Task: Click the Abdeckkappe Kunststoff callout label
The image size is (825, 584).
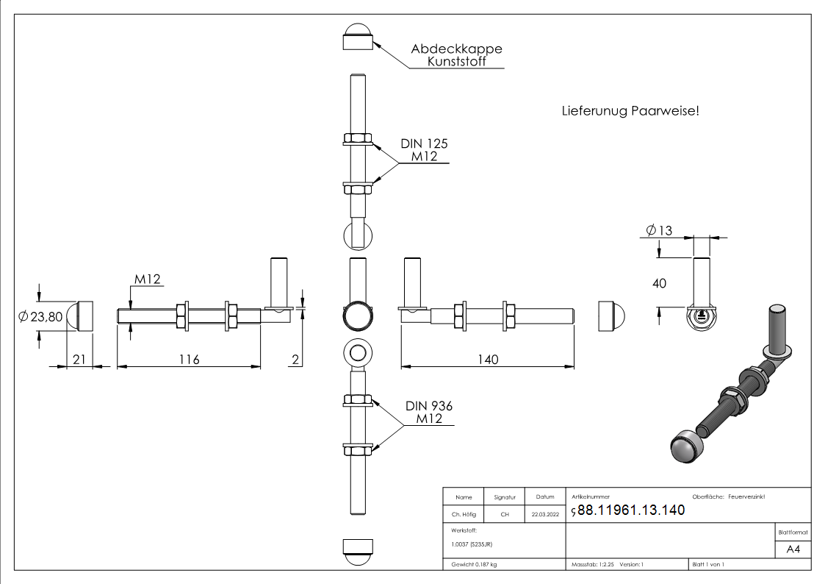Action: pyautogui.click(x=456, y=55)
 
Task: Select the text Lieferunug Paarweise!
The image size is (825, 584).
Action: pyautogui.click(x=630, y=111)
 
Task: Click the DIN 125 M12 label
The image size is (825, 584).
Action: pyautogui.click(x=423, y=149)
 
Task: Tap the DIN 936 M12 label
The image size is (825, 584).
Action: pyautogui.click(x=428, y=412)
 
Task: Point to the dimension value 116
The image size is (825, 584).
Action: pyautogui.click(x=188, y=359)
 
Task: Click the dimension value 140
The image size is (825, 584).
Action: pyautogui.click(x=486, y=359)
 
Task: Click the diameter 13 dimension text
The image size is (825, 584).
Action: pyautogui.click(x=659, y=230)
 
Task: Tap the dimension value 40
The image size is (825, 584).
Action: pyautogui.click(x=659, y=282)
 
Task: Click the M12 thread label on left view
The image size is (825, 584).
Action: pyautogui.click(x=147, y=279)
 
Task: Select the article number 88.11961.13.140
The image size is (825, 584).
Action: pyautogui.click(x=631, y=510)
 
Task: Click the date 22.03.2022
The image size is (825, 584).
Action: pyautogui.click(x=545, y=515)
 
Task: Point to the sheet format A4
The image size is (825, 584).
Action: pyautogui.click(x=793, y=549)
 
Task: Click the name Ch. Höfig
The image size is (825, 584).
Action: pyautogui.click(x=464, y=515)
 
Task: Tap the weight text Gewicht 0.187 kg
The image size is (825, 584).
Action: pyautogui.click(x=474, y=564)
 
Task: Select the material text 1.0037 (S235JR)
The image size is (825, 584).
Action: pyautogui.click(x=472, y=544)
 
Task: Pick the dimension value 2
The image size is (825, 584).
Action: pyautogui.click(x=295, y=359)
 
